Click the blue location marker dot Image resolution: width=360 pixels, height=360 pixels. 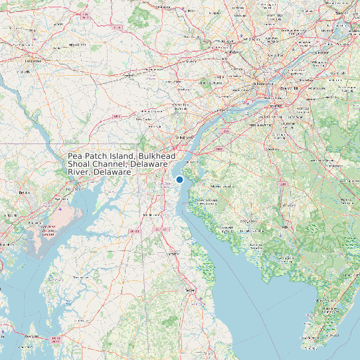(x=179, y=179)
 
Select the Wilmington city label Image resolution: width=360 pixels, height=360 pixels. (x=184, y=137)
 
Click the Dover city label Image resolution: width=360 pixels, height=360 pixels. (x=191, y=290)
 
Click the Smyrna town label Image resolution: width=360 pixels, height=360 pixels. (x=173, y=254)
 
